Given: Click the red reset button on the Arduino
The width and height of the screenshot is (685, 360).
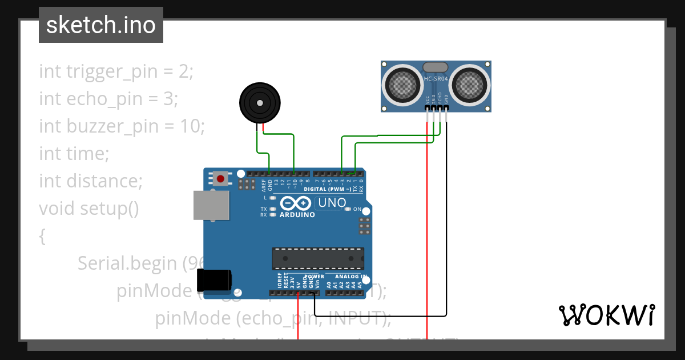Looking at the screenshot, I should tap(220, 179).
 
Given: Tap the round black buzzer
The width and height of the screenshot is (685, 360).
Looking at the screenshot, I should tap(260, 103).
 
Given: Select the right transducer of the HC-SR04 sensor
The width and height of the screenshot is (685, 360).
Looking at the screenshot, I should tap(470, 86).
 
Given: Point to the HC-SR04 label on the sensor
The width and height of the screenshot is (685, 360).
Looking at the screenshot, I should tap(436, 78).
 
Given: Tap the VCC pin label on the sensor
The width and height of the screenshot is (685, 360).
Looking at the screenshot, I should tap(427, 100).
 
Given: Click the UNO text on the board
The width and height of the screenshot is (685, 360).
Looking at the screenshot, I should tap(332, 202).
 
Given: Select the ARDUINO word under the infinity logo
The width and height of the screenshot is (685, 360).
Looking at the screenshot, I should tap(297, 215).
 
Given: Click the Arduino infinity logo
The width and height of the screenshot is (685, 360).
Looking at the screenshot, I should tap(297, 203).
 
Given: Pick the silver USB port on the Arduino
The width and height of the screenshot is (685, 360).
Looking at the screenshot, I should tap(211, 205).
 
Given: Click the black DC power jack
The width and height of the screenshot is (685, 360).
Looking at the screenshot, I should tap(213, 281).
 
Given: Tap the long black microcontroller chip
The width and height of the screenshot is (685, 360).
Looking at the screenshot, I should tap(317, 258).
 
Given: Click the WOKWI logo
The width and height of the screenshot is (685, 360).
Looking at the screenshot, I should tap(606, 315).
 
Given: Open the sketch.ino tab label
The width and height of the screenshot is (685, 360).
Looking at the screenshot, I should tap(101, 25).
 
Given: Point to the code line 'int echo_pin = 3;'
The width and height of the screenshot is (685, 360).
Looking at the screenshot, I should tap(108, 98).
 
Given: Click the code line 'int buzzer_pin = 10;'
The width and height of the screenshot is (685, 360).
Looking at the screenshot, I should tap(122, 126).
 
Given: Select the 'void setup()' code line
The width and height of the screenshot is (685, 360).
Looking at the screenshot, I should tap(89, 208).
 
